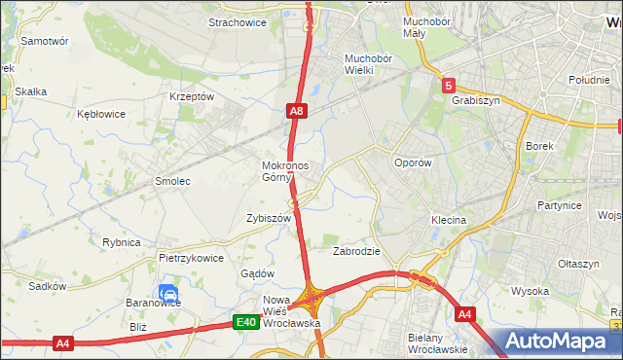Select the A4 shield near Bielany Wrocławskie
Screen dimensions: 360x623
pyautogui.click(x=464, y=313)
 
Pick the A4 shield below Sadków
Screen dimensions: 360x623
pyautogui.click(x=62, y=342)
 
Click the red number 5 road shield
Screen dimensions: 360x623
pyautogui.click(x=447, y=86)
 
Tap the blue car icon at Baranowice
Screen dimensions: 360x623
pyautogui.click(x=167, y=293)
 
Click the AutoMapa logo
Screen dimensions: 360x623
pyautogui.click(x=563, y=342)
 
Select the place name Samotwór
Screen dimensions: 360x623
pyautogui.click(x=44, y=42)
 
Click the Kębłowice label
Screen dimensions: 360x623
pyautogui.click(x=101, y=114)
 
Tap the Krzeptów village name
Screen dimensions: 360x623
pyautogui.click(x=191, y=96)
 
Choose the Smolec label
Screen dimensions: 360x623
pyautogui.click(x=172, y=181)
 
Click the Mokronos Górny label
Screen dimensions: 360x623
pyautogui.click(x=285, y=171)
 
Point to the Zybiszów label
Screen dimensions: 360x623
pyautogui.click(x=269, y=219)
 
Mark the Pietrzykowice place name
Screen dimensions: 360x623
pyautogui.click(x=192, y=259)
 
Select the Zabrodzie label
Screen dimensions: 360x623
pyautogui.click(x=356, y=250)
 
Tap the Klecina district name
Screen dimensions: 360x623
pyautogui.click(x=449, y=221)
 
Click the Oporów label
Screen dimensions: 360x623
pyautogui.click(x=412, y=162)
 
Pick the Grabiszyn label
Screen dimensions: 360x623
pyautogui.click(x=475, y=99)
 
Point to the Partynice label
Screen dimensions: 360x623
pyautogui.click(x=560, y=206)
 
